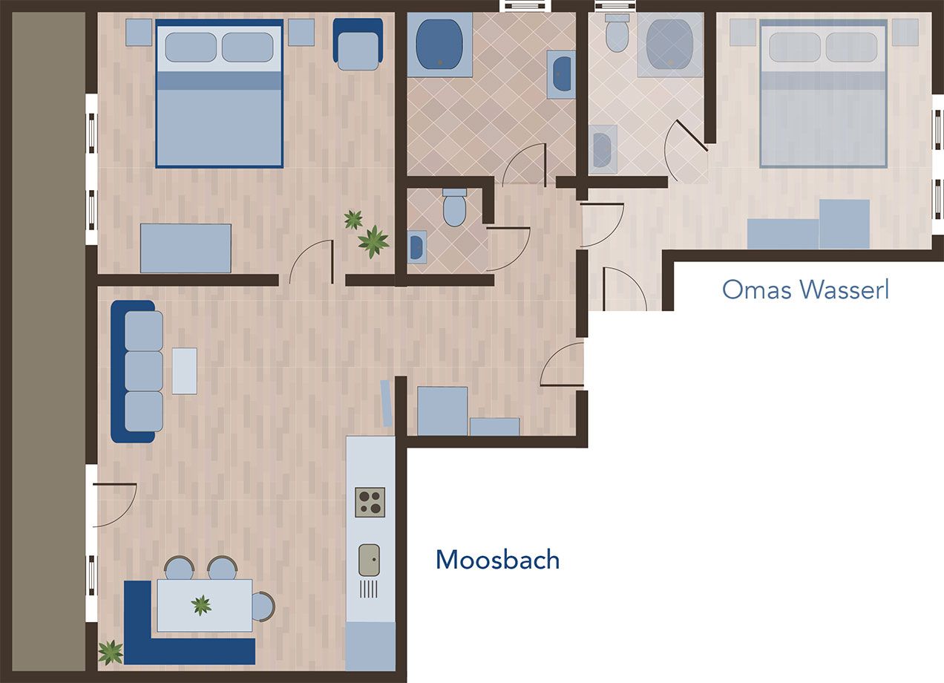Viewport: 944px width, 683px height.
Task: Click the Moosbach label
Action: tap(498, 560)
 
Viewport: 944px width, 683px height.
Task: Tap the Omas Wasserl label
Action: tap(805, 290)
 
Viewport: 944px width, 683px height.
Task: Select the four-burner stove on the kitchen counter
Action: tap(370, 502)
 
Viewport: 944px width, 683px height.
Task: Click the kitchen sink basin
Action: tap(369, 560)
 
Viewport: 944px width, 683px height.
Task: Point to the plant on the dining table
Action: tap(201, 605)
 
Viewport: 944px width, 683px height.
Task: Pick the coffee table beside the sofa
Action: tap(184, 371)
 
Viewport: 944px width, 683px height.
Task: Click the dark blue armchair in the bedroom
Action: tap(358, 44)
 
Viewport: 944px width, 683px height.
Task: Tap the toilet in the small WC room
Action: tap(454, 206)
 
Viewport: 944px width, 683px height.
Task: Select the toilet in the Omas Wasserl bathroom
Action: tap(617, 33)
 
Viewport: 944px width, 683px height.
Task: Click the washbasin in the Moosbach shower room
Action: tap(561, 75)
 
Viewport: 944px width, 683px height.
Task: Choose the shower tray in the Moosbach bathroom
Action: tap(439, 45)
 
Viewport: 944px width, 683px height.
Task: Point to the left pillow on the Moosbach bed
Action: tap(191, 48)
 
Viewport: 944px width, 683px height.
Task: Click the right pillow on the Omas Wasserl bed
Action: tap(851, 48)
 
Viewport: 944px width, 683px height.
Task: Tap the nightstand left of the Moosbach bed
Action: tap(139, 33)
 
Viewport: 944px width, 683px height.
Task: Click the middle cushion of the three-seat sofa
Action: tap(144, 371)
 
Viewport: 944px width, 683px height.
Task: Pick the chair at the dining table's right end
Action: tap(263, 607)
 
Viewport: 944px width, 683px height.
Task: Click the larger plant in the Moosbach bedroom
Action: tap(373, 241)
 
